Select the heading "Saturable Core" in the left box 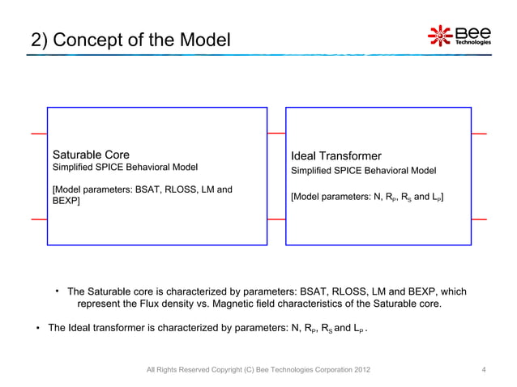click(91, 155)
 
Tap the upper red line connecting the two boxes click(276, 133)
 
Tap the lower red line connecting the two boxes click(276, 219)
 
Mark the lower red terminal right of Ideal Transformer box click(479, 219)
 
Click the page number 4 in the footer click(484, 372)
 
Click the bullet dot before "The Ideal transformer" click(37, 329)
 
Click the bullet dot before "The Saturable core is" click(58, 291)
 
